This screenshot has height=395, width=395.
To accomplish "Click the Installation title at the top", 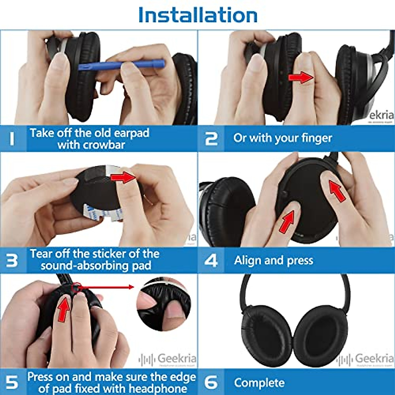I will pos(197,15).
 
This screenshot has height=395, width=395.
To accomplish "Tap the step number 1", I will pos(12,139).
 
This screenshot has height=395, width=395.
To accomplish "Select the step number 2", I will pos(211,139).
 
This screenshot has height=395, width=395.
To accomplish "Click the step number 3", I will pos(12,260).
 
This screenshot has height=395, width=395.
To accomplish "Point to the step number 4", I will pos(211,260).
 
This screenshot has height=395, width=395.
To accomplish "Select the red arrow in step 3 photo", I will pos(123,177).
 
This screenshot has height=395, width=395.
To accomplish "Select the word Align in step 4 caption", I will pos(248,260).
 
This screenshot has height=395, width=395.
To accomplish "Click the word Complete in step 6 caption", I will pos(259,383).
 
